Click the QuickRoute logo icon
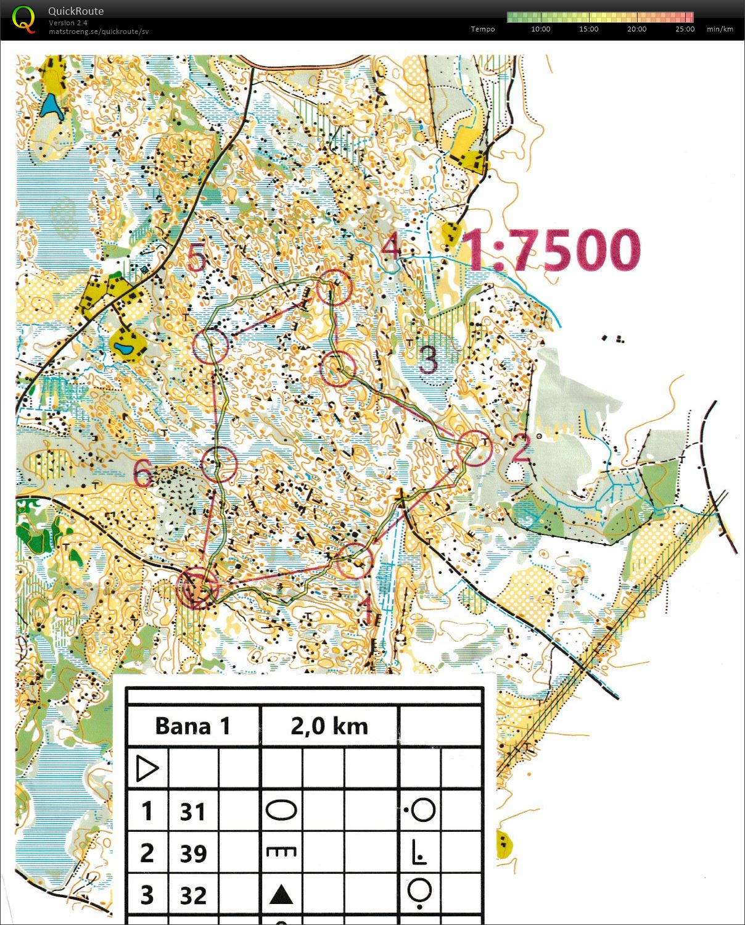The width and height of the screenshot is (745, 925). (23, 19)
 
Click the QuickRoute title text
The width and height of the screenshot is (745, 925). (76, 11)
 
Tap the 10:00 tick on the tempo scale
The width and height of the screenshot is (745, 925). (540, 29)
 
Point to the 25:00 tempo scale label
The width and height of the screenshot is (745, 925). (685, 29)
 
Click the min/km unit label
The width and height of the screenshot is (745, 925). (720, 29)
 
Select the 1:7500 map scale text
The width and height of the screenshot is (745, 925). (552, 250)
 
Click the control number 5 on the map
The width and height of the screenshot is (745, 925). (196, 257)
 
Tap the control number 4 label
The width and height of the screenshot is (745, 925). (390, 247)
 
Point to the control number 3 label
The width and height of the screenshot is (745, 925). (428, 359)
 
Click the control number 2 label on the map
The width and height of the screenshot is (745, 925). (521, 447)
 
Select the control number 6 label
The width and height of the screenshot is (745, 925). (143, 474)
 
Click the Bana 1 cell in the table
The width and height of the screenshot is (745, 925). (192, 726)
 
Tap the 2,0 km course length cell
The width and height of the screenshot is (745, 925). (329, 726)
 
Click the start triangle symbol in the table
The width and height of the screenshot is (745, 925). (147, 769)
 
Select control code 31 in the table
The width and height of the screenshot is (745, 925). (192, 811)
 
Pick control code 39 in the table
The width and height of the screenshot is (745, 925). (192, 853)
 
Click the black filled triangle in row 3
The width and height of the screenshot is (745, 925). (281, 894)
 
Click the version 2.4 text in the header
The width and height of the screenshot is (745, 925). (68, 23)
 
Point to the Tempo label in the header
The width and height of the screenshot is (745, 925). (482, 29)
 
